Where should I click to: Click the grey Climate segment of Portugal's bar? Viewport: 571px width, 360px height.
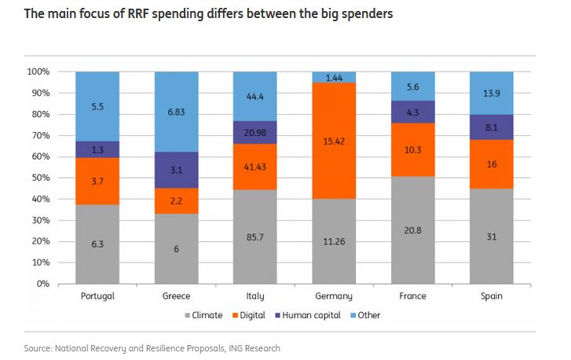coord(97,244)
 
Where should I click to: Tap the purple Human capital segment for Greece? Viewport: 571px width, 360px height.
coord(176,171)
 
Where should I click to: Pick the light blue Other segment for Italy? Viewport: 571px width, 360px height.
coord(254,96)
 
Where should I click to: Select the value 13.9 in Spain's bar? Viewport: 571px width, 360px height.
coord(491,93)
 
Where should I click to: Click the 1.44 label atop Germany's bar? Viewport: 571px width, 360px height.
coord(334,77)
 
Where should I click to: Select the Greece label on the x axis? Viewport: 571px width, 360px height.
coord(176,297)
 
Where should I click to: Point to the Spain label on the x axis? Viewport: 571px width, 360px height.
coord(491,297)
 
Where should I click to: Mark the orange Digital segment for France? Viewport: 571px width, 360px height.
coord(412,149)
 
